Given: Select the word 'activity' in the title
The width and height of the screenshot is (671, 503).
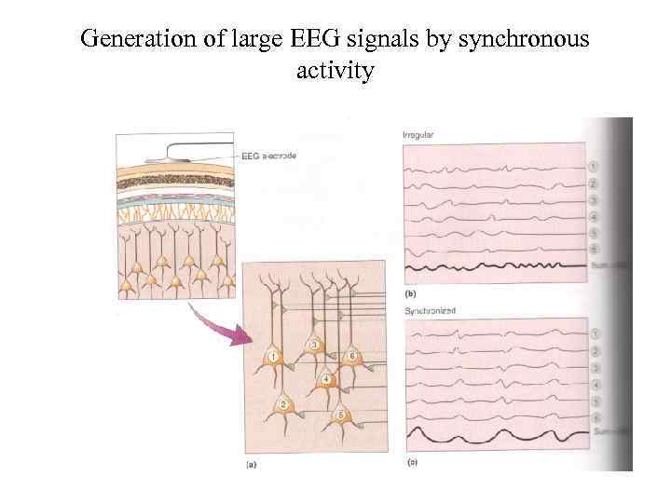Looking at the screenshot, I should point(335,71).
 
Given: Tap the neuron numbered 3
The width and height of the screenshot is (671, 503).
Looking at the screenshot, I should point(315,347).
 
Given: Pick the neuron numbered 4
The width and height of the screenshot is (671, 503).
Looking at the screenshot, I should point(324,379).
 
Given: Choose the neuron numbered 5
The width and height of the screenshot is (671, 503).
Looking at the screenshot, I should point(341,415).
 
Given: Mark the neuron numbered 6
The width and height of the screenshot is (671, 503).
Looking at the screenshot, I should point(351,357).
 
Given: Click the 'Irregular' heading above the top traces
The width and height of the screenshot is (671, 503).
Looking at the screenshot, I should point(418,135).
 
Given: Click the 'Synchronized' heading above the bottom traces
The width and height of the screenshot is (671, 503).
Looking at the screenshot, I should point(430,310).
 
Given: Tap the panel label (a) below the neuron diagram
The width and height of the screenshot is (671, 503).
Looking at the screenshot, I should point(251,463).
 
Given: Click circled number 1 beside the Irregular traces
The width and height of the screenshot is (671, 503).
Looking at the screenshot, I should point(593,167).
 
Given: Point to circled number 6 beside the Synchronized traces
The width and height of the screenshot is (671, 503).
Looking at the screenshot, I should point(593,416).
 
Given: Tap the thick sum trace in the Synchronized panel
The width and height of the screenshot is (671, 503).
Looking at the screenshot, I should point(494,436).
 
